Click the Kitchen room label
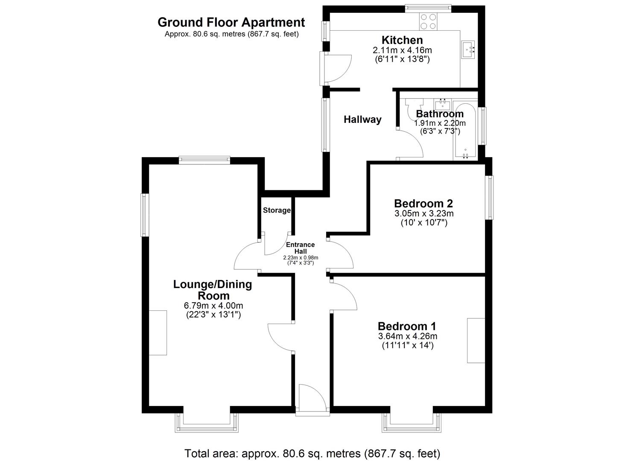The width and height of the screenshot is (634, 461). click(402, 40)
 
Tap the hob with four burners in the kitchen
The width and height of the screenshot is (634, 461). click(428, 22)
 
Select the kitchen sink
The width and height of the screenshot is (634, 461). click(468, 50)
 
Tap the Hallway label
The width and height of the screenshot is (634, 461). click(362, 120)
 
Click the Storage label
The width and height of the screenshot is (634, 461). click(277, 210)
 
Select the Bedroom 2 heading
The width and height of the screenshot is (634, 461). click(424, 204)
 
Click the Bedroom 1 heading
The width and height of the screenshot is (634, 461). click(407, 327)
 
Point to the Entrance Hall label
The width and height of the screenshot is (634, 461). click(300, 248)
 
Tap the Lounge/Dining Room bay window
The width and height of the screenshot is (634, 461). click(207, 423)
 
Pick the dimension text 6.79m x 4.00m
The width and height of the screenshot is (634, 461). click(213, 306)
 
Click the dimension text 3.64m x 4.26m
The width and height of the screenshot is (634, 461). click(407, 336)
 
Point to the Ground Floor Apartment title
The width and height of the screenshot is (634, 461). click(231, 22)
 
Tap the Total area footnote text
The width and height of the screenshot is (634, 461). click(312, 453)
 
